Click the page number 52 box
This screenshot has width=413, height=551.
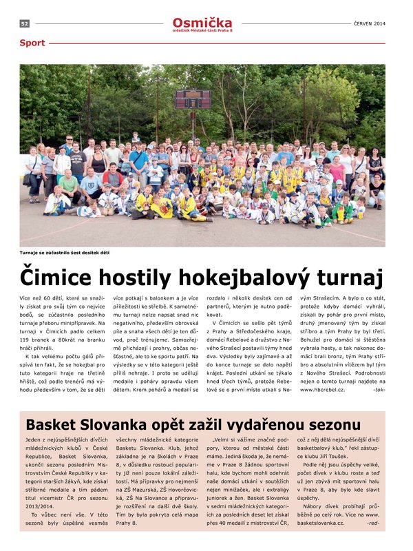pos(24,23)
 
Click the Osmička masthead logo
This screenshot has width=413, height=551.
pos(202,22)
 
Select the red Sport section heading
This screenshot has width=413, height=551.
pos(32,43)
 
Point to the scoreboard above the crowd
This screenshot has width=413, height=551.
pos(192,99)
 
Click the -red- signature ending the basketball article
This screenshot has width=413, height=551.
pos(377,523)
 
